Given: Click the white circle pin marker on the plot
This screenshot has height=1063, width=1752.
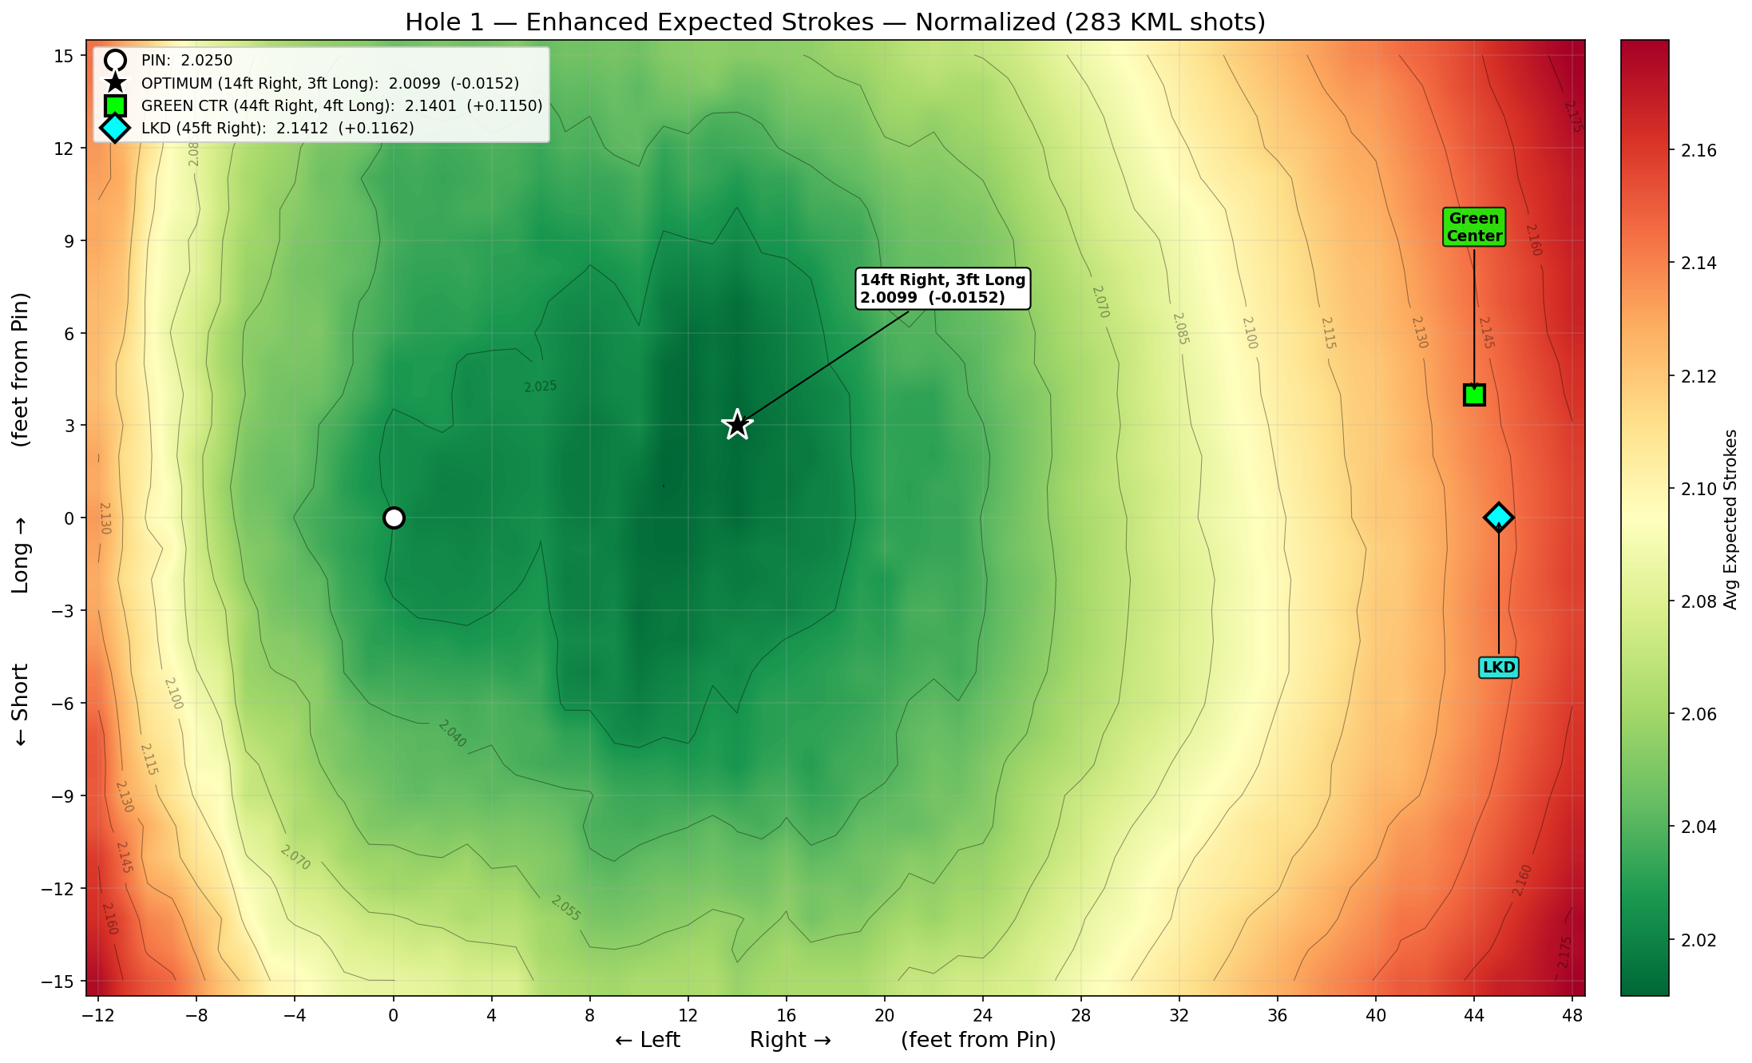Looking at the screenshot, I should point(394,518).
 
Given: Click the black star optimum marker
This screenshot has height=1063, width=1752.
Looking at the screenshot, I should point(737,425).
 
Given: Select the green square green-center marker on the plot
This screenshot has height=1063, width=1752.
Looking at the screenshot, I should point(1474,395).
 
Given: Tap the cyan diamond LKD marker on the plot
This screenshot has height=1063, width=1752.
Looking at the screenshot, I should point(1498,518).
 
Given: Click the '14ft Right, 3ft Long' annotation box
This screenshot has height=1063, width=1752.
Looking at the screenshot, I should point(942,288).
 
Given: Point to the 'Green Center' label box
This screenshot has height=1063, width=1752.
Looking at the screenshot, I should point(1474,227).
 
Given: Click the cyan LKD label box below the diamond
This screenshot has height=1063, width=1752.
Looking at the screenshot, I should point(1498,668).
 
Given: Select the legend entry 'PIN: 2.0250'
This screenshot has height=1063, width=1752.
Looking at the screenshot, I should point(186,61).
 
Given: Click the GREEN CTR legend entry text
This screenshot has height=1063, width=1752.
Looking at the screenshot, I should point(341,105).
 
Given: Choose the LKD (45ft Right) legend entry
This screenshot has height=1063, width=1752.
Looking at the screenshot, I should point(277,128).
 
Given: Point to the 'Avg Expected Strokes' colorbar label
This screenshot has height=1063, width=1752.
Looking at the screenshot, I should point(1730,519).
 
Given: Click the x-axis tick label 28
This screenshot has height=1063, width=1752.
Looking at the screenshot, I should point(1080,1015).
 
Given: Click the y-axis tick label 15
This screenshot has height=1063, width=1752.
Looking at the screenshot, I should point(65,56).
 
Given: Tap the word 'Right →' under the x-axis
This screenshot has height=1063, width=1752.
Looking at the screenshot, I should point(790,1040).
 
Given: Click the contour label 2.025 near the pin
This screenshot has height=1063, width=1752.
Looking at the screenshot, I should point(541,387).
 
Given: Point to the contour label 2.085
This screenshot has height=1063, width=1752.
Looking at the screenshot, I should point(1180,328).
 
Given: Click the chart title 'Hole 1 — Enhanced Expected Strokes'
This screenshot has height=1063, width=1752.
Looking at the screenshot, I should point(639,22).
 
